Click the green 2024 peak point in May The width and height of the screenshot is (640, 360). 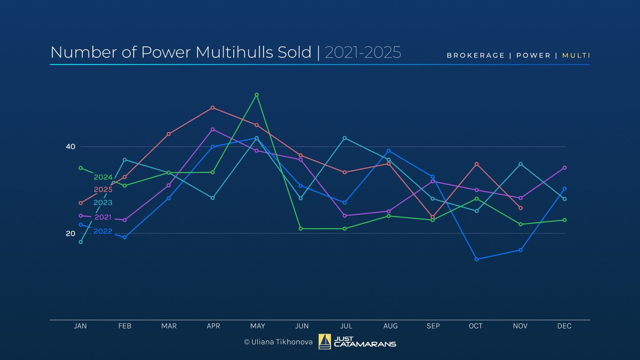point(256,95)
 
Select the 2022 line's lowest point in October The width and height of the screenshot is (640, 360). point(476,259)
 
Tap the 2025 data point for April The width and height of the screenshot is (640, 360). point(212,108)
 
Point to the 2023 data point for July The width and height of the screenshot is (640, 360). point(344,138)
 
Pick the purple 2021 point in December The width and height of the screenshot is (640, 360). point(564,168)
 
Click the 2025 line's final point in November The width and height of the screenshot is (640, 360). point(520,208)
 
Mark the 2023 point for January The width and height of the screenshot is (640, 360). point(80,242)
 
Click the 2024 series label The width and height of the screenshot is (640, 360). point(103,177)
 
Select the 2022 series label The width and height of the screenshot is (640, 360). point(103,232)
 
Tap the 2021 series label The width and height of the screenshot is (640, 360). point(103,217)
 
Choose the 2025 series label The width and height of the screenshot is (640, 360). point(103,190)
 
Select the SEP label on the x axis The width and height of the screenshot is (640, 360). point(433,326)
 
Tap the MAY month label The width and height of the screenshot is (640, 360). point(257,326)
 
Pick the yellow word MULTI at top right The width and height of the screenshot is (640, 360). point(576,56)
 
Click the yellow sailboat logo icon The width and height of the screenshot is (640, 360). point(324,342)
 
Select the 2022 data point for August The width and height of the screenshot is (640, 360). point(388,151)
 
